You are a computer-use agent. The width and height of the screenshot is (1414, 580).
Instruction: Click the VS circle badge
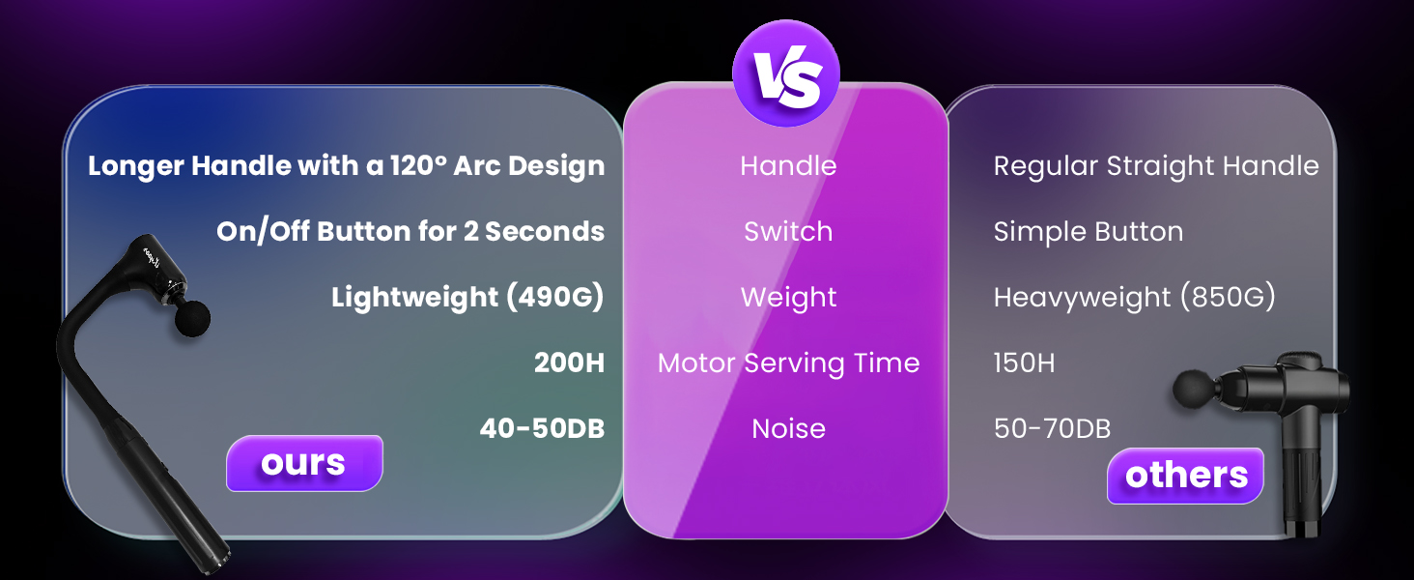point(786,73)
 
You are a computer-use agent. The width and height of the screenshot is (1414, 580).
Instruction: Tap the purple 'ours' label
point(304,463)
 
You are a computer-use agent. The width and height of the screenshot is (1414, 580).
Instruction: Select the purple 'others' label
point(1185,476)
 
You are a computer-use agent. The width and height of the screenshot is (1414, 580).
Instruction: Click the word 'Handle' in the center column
point(788,166)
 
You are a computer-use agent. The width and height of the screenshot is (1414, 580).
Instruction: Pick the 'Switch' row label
point(788,231)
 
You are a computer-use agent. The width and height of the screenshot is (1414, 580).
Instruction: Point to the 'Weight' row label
point(788,298)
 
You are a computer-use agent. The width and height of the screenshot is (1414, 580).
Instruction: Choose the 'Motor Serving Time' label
point(788,363)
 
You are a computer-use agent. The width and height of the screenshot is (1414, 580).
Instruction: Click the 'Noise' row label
point(788,429)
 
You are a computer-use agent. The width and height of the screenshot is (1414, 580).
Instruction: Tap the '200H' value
point(570,363)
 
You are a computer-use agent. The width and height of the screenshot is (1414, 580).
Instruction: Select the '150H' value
point(1024,363)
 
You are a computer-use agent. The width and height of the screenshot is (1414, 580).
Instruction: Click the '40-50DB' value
point(542,429)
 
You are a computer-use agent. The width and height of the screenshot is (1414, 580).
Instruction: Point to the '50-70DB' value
point(1053,429)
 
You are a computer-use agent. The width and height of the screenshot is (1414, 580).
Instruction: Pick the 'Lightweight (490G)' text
point(467,298)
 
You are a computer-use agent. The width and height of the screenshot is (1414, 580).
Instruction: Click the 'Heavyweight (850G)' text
point(1134,298)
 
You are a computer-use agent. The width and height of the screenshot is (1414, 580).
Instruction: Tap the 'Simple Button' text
point(1089,232)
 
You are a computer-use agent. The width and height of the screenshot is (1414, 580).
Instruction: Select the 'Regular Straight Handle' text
point(1156,167)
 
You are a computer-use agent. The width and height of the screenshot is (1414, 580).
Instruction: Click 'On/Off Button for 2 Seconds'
point(410,232)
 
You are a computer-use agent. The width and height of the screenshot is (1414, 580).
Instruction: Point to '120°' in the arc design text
point(418,166)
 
